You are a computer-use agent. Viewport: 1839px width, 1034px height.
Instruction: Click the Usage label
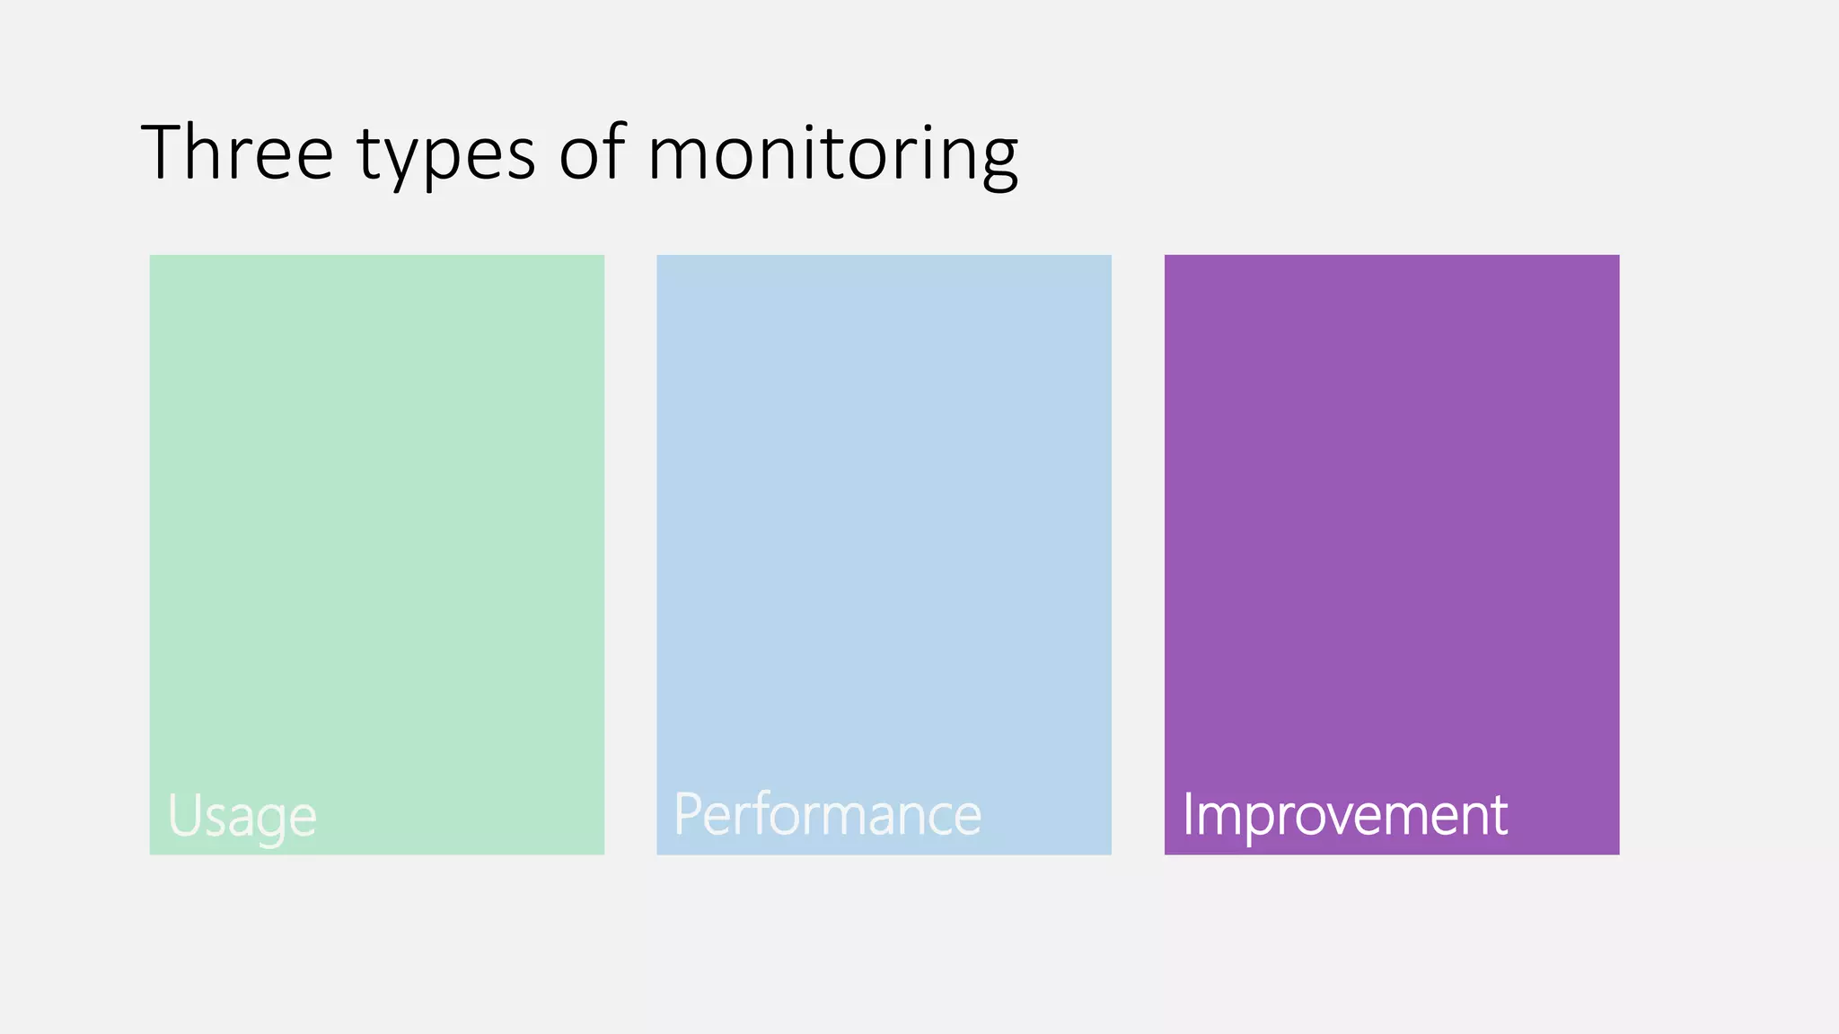pyautogui.click(x=242, y=816)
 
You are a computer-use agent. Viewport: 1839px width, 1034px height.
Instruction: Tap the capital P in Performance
pyautogui.click(x=687, y=814)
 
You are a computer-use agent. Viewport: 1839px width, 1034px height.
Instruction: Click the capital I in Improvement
pyautogui.click(x=1187, y=814)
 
